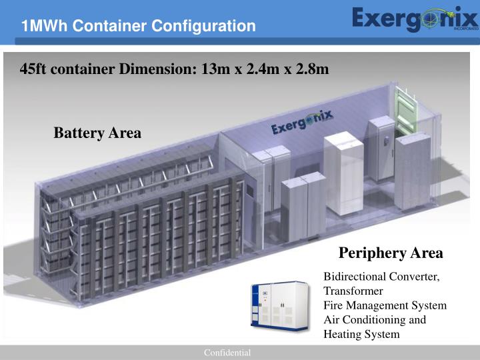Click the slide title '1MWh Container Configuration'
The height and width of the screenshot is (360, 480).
(138, 26)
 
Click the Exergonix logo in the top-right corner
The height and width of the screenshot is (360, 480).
(415, 20)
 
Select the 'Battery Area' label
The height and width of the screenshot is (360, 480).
(97, 133)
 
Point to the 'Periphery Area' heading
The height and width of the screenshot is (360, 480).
(391, 253)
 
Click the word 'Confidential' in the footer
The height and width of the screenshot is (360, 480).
(227, 352)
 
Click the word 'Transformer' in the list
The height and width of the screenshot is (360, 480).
(353, 291)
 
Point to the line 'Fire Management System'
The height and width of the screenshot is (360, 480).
(385, 306)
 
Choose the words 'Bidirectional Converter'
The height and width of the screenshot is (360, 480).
(381, 277)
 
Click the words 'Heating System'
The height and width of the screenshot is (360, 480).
(361, 334)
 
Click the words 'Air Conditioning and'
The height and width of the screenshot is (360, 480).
(374, 320)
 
